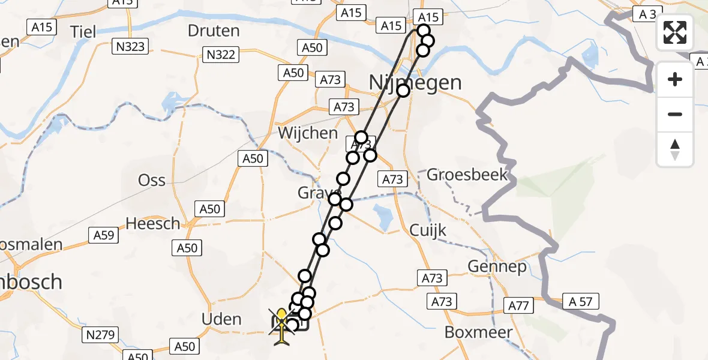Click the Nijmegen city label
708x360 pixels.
click(x=415, y=82)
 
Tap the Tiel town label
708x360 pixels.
click(x=83, y=31)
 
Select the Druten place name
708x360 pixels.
click(x=214, y=31)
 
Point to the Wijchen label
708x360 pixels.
click(x=308, y=133)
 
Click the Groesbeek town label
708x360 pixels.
click(x=467, y=175)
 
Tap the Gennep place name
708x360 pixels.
click(x=497, y=266)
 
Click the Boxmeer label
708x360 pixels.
click(x=479, y=332)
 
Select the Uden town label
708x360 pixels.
click(x=221, y=319)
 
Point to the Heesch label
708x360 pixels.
click(x=153, y=224)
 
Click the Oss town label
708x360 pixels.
click(x=152, y=180)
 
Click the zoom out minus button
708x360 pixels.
click(x=675, y=114)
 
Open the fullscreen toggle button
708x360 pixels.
click(x=675, y=32)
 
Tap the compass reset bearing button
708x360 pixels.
click(x=675, y=149)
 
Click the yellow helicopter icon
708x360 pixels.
click(x=282, y=327)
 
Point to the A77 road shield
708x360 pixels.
click(x=518, y=305)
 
